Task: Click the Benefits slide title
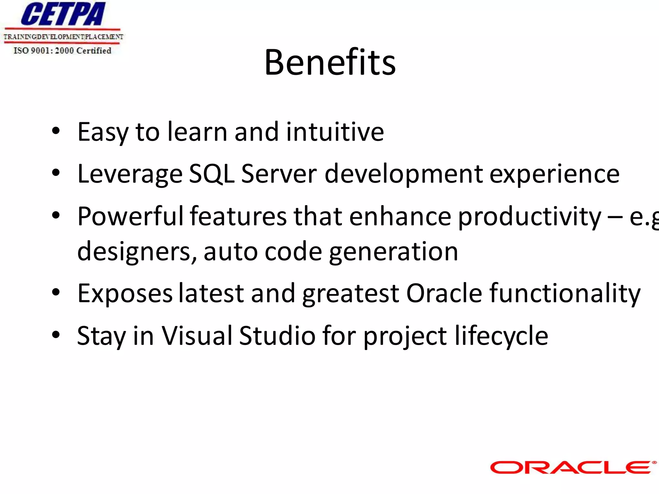(x=330, y=62)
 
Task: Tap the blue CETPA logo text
(x=63, y=14)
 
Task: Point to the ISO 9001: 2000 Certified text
(x=62, y=50)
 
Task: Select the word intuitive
(x=335, y=132)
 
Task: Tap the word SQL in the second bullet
(x=211, y=174)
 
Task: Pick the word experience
(x=554, y=174)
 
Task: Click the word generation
(x=394, y=252)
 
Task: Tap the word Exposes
(x=125, y=294)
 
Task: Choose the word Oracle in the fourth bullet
(x=444, y=293)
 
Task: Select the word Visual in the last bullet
(x=196, y=335)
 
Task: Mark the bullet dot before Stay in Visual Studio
(x=56, y=335)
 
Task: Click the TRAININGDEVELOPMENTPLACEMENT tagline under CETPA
(x=63, y=37)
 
